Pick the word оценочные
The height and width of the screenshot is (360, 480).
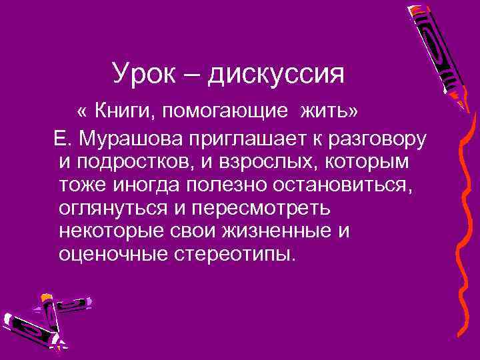pyautogui.click(x=112, y=254)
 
